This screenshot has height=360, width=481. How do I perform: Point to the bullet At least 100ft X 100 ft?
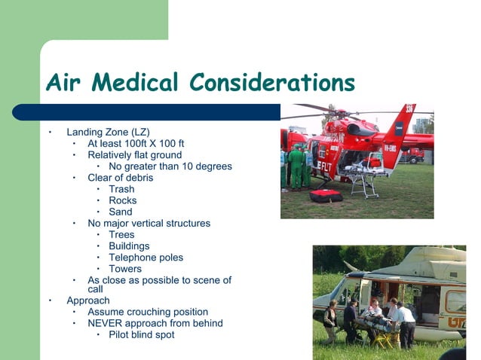pos(136,143)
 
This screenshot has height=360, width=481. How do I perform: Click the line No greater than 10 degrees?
pos(170,166)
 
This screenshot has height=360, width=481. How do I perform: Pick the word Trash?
pos(121,189)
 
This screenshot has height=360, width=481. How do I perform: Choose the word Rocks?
pos(123,200)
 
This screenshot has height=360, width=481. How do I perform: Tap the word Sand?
pos(121,212)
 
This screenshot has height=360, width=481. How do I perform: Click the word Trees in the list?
pos(121,234)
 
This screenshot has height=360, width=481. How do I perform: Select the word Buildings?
pos(129,246)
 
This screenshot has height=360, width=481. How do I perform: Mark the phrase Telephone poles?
pos(146,257)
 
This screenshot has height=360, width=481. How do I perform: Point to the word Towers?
pos(125,268)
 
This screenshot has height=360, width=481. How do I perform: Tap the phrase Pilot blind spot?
pos(142,334)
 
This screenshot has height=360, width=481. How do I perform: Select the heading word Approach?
pos(88,301)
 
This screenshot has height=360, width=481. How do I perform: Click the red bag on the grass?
pos(326,196)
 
